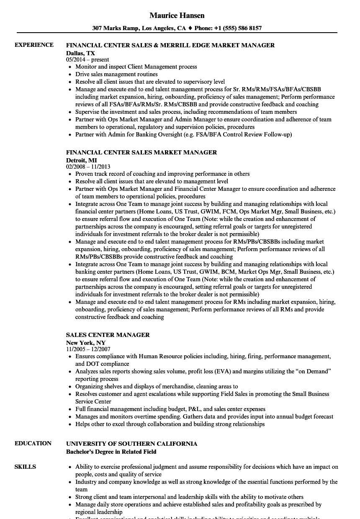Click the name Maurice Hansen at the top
(177, 15)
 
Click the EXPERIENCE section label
(34, 45)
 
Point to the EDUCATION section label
(33, 444)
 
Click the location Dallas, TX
(80, 53)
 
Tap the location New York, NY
(86, 343)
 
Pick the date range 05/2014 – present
(87, 60)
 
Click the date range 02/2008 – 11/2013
(88, 167)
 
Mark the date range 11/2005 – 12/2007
(88, 349)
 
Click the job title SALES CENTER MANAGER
(108, 335)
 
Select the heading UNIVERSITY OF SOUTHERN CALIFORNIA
(131, 444)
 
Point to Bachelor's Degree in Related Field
(111, 452)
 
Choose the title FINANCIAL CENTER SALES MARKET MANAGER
(141, 153)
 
